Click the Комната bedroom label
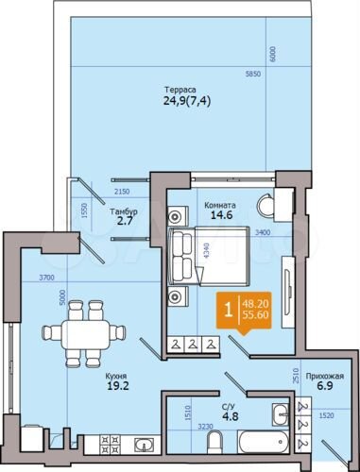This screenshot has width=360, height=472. (219, 205)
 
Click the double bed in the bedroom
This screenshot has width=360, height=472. (199, 255)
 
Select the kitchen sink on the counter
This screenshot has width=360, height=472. (142, 445)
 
